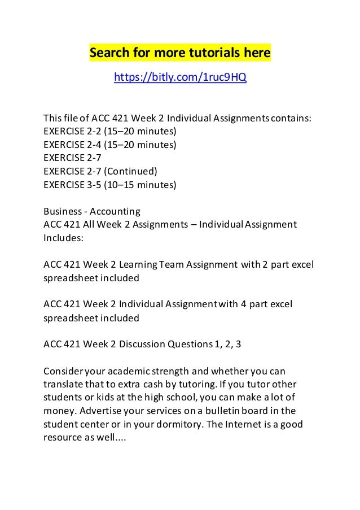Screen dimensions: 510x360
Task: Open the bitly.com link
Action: [x=180, y=76]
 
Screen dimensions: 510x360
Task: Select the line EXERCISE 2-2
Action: [x=110, y=132]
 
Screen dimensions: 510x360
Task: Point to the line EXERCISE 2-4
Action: [x=110, y=145]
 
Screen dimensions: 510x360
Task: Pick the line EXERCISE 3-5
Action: [x=110, y=184]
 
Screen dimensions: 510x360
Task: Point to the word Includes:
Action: [x=63, y=238]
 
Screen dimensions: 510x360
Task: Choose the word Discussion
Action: [x=142, y=344]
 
